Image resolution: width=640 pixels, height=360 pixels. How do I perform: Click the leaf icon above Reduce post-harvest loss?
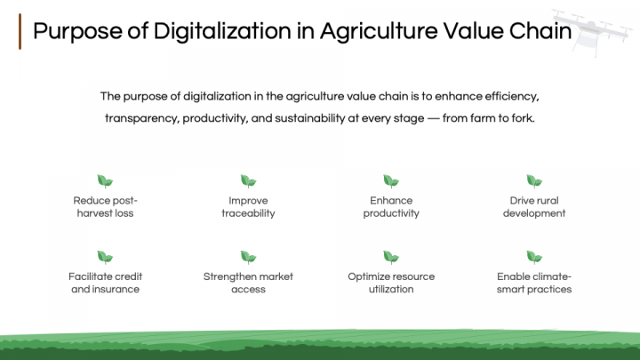(x=105, y=181)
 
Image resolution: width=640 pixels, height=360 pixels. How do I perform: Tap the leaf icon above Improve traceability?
(x=248, y=181)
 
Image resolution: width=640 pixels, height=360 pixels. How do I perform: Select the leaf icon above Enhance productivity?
(x=391, y=181)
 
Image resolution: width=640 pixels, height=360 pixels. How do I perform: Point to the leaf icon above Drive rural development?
(x=534, y=181)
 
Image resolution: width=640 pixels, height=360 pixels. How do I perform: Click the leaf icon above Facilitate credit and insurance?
(x=105, y=258)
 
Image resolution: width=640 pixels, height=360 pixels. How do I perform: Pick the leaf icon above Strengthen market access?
(x=248, y=258)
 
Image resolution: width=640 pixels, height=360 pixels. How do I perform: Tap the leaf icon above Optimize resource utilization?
(x=391, y=258)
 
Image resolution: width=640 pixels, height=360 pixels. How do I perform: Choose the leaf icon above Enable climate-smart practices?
(x=534, y=258)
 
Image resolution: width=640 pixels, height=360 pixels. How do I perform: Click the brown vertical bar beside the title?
(x=20, y=32)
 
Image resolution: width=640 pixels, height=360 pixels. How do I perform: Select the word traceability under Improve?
(x=248, y=213)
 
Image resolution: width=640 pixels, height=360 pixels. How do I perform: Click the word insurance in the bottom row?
(x=116, y=290)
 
